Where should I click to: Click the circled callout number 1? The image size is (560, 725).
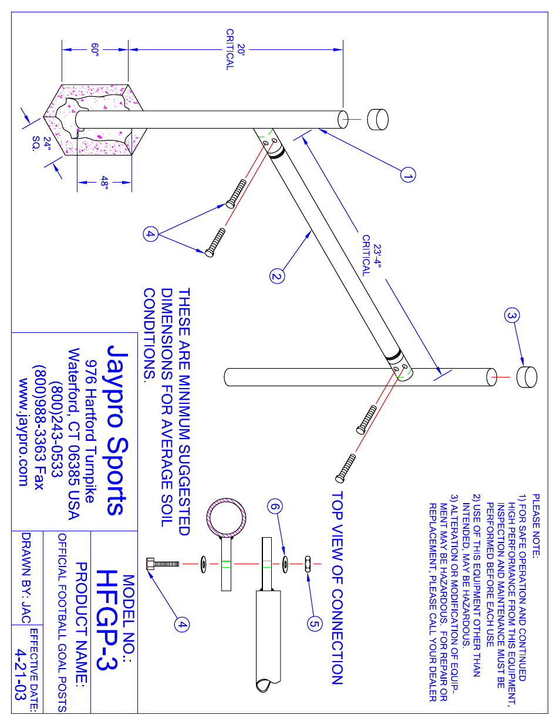408,175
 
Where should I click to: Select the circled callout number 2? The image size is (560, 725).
277,276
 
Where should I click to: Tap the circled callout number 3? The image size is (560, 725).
512,316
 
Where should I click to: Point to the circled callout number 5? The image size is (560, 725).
315,623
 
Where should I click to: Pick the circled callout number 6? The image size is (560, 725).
275,507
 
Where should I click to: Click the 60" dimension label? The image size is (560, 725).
95,50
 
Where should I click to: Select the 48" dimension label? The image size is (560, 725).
104,183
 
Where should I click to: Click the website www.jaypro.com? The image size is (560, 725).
23,432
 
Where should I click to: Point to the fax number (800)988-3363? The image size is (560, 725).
39,427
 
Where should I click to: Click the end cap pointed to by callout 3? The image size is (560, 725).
526,377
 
